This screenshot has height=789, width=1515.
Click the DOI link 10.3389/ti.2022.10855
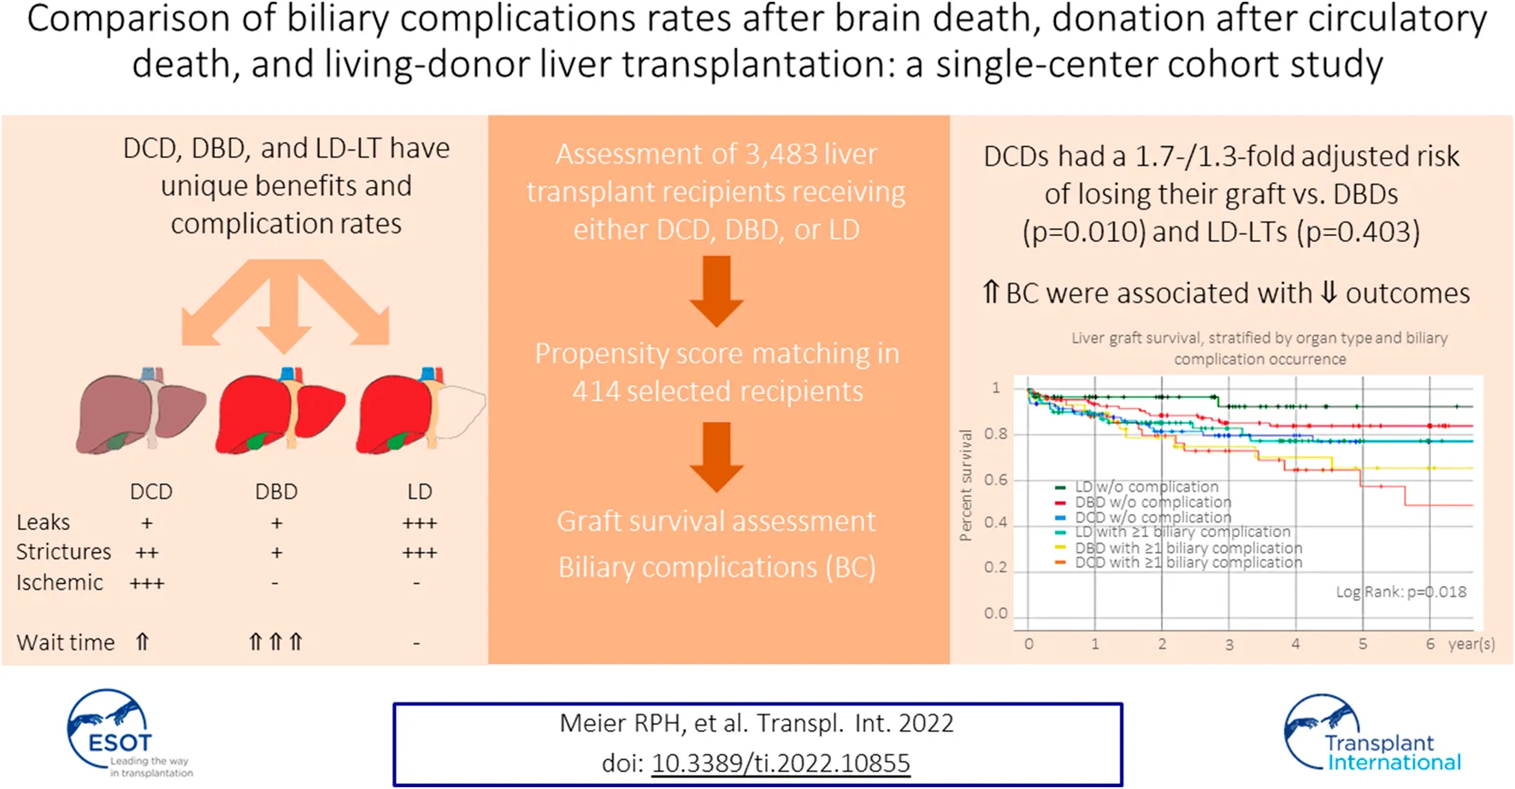pyautogui.click(x=780, y=763)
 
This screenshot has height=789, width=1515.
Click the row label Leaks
pyautogui.click(x=44, y=522)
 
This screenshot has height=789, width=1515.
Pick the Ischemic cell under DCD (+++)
pyautogui.click(x=147, y=583)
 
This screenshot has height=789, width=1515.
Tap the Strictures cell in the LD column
pyautogui.click(x=419, y=553)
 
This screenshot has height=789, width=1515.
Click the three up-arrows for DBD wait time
pyautogui.click(x=275, y=642)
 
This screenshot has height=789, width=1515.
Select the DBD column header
pyautogui.click(x=276, y=492)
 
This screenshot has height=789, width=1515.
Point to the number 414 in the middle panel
pyautogui.click(x=596, y=392)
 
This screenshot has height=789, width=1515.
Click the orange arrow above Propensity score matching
pyautogui.click(x=716, y=291)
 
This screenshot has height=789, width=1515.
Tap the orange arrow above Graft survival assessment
pyautogui.click(x=716, y=456)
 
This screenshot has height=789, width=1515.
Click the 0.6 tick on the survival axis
pyautogui.click(x=995, y=480)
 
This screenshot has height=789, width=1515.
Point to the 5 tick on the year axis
pyautogui.click(x=1363, y=644)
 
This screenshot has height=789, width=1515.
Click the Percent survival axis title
pyautogui.click(x=966, y=486)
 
